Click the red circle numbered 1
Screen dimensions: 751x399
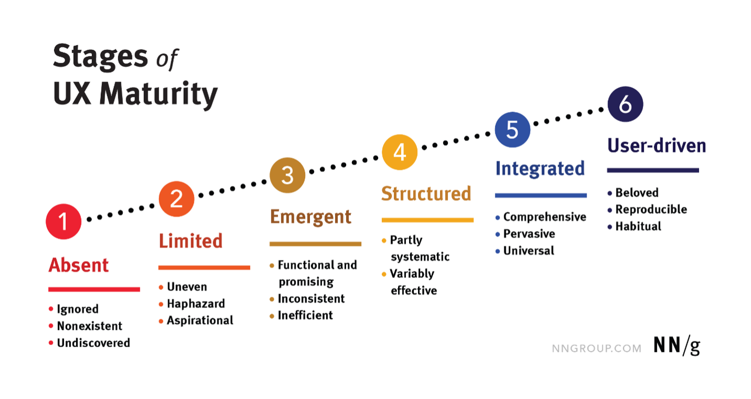(64, 222)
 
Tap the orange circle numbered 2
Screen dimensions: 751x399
(176, 199)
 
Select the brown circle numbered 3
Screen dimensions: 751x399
(287, 175)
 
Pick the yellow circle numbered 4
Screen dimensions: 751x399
(400, 152)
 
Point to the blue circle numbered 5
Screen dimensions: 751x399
(512, 130)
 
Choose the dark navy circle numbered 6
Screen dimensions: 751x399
(625, 104)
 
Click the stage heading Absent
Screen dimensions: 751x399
(79, 265)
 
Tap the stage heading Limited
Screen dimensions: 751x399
(191, 241)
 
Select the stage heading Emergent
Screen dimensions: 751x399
(311, 217)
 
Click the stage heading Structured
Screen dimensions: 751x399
(426, 194)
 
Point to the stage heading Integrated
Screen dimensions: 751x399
(540, 169)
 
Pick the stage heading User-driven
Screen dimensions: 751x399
(657, 145)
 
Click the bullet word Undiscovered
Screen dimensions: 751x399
(93, 343)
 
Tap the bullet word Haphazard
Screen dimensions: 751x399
(196, 304)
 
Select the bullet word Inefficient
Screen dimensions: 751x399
(306, 315)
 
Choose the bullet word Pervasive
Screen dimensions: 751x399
(529, 234)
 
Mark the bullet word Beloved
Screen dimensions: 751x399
(637, 193)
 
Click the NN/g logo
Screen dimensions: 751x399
(677, 345)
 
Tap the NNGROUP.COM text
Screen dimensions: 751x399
(597, 349)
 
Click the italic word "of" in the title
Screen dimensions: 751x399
(167, 59)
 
